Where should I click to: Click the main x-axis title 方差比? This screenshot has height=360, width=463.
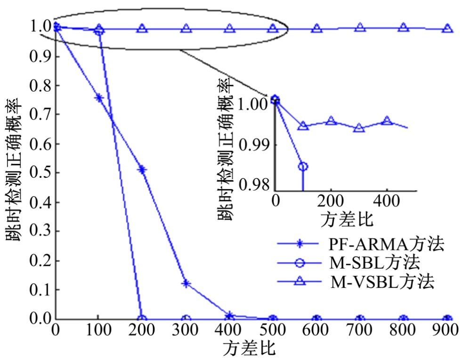[x=249, y=349]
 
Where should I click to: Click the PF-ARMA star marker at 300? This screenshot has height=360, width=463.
[x=186, y=284]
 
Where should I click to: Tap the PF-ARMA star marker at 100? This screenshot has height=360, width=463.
[x=99, y=98]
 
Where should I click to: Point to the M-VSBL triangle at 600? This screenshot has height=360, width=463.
[x=317, y=28]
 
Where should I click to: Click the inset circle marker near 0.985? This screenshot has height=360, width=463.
[x=303, y=166]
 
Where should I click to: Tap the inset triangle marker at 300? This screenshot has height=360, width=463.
[x=359, y=128]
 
